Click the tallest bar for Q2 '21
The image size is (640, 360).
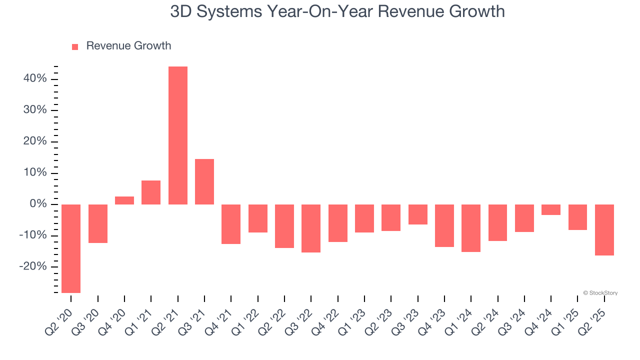coord(178,135)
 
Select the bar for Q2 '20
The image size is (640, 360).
coord(71,248)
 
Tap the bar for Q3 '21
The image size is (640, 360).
coord(204,181)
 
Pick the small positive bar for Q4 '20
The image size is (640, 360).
coord(124,200)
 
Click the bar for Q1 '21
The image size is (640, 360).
coord(151,192)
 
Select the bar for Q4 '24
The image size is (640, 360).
coord(551,209)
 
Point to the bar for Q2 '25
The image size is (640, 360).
coord(604,230)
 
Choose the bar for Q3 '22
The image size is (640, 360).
coord(311,228)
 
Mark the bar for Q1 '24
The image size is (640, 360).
coord(471,228)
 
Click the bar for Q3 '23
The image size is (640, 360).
coord(418,214)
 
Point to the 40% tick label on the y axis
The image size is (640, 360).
coord(35,79)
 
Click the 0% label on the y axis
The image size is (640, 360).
coord(38,204)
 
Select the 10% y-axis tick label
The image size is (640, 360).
coord(35,173)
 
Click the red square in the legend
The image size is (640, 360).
coord(75,46)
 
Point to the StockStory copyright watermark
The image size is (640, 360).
coord(600,293)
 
